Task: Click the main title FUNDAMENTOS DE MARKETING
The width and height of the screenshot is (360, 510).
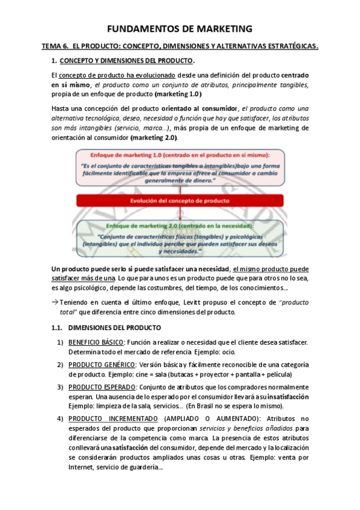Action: point(180,29)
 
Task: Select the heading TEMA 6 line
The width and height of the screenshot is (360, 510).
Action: point(180,46)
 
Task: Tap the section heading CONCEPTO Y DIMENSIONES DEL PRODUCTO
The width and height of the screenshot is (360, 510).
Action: point(127,61)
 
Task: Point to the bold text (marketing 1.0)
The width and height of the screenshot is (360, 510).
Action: point(178,94)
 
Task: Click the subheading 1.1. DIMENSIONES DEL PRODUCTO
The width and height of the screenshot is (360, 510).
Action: point(106,328)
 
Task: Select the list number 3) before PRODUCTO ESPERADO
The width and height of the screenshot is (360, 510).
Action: point(60,387)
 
